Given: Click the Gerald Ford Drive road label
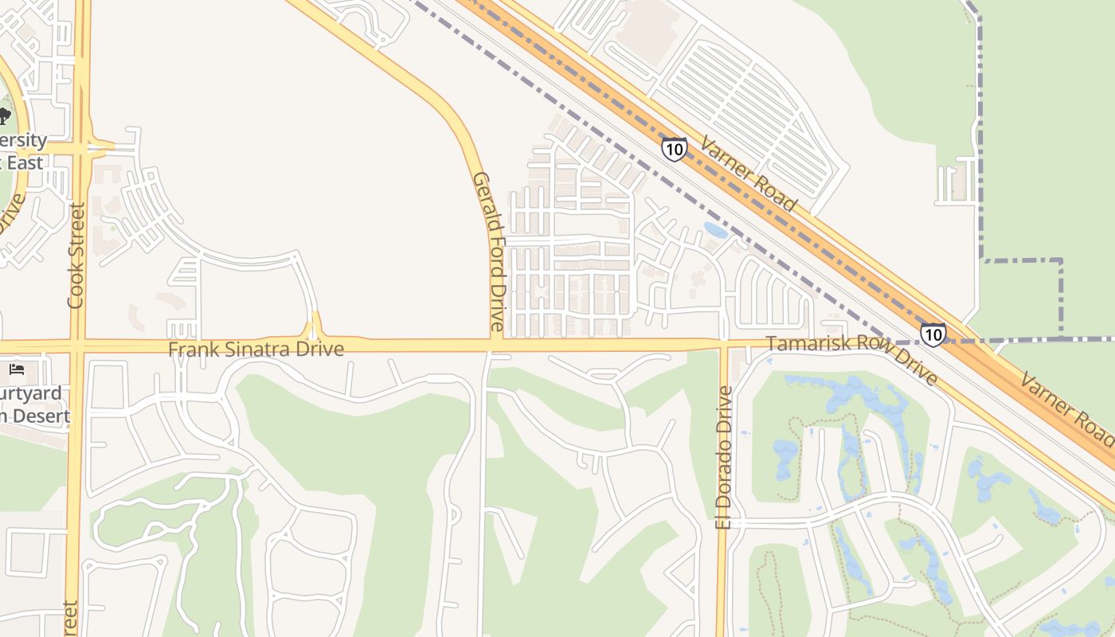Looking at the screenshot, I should pyautogui.click(x=488, y=251).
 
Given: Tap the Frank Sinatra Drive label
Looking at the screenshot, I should pyautogui.click(x=256, y=349).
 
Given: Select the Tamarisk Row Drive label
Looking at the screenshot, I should pyautogui.click(x=852, y=359).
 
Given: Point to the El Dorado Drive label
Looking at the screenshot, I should pyautogui.click(x=723, y=457).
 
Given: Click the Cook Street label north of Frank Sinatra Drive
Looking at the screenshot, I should pyautogui.click(x=76, y=255).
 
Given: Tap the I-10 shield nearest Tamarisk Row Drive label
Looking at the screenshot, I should pyautogui.click(x=933, y=334).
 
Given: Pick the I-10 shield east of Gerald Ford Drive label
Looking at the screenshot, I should pyautogui.click(x=674, y=148).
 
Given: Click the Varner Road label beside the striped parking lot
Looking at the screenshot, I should pyautogui.click(x=748, y=174).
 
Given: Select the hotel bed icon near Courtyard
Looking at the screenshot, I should pyautogui.click(x=17, y=369).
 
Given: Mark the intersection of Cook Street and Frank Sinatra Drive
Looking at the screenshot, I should pyautogui.click(x=77, y=346).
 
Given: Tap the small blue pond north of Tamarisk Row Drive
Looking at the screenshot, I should pyautogui.click(x=715, y=231).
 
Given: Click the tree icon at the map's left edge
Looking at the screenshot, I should pyautogui.click(x=4, y=115).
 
